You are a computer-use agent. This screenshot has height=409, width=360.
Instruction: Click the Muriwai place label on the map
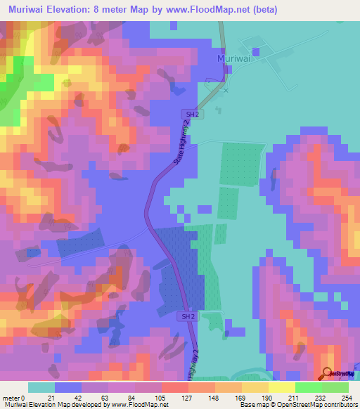click(x=234, y=58)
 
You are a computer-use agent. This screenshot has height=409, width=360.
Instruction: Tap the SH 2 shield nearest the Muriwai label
click(x=195, y=113)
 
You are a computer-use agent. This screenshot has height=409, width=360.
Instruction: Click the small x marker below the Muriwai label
click(x=226, y=90)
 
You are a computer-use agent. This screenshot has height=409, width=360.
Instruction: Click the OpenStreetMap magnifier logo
click(x=328, y=374)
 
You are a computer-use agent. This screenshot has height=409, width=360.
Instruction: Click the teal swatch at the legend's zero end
click(x=41, y=387)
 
